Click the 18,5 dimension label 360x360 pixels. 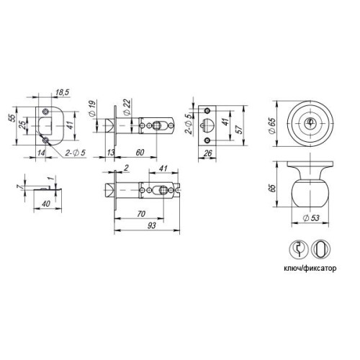(x=62, y=92)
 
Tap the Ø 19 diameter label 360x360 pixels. (x=92, y=109)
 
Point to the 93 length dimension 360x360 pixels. (x=152, y=225)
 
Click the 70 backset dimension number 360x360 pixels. (x=141, y=213)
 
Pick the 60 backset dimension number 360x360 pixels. (x=140, y=152)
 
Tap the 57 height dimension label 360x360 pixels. (x=239, y=130)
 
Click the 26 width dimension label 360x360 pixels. (x=207, y=153)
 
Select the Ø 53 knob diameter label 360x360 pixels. (x=311, y=218)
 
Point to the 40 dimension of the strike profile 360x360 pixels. (x=46, y=204)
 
